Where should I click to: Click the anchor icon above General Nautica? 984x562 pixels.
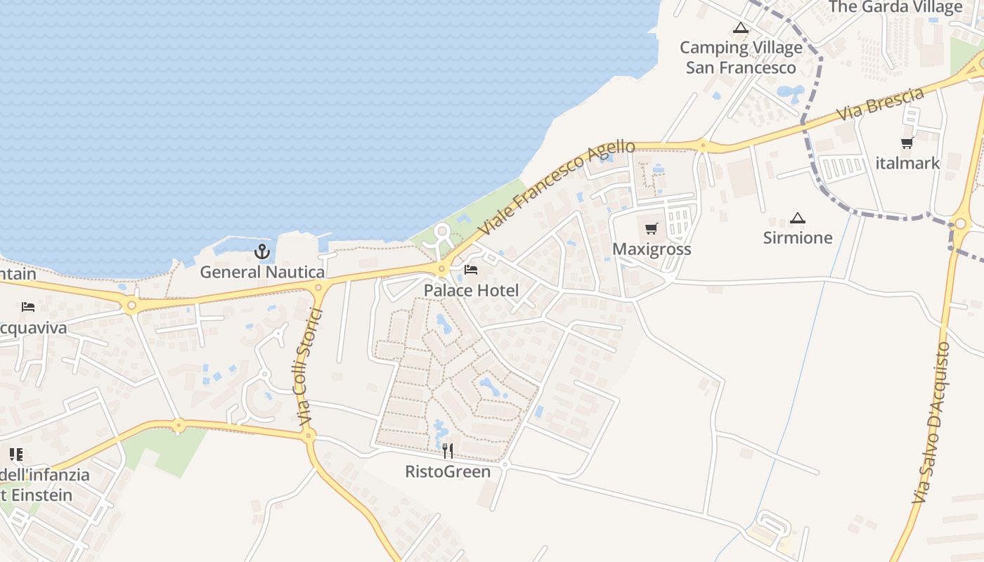[262, 251]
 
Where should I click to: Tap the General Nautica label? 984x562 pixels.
[262, 272]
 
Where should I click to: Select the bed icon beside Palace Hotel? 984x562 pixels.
[471, 270]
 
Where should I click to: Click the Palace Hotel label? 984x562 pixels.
[471, 290]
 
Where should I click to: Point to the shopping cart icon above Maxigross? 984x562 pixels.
[652, 228]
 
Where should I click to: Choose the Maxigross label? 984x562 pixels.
[652, 249]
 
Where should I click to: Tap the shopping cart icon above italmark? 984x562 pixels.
[907, 143]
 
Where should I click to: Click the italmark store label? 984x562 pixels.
[907, 163]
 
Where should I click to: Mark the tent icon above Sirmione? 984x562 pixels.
[797, 218]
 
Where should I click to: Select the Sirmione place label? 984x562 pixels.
[798, 237]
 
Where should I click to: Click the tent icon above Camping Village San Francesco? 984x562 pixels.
[739, 28]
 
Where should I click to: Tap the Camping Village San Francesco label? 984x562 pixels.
[741, 58]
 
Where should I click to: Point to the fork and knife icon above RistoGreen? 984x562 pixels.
[448, 450]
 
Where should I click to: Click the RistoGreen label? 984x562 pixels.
[448, 471]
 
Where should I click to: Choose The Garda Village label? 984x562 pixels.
[895, 7]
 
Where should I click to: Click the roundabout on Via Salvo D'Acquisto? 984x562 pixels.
[960, 224]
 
